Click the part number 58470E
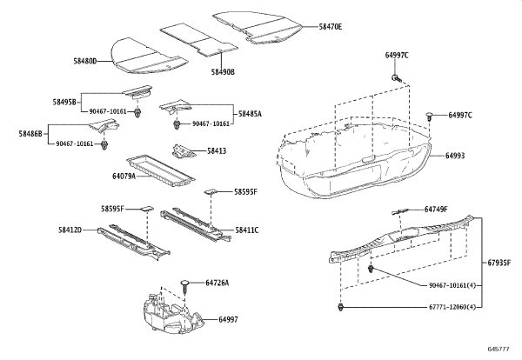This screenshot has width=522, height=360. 331,27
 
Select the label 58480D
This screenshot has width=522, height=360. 85,61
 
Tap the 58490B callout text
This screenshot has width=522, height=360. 223,72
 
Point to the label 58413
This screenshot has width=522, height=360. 217,151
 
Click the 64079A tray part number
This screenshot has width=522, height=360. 124,176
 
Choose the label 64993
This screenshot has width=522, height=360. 455,156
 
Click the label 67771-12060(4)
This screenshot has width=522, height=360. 452,307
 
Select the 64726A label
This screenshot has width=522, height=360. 217,283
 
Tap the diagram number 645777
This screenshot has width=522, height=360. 499,349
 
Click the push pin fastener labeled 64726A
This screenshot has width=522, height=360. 185,287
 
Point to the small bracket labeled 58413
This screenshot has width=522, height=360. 184,151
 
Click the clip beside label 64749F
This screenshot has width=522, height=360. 399,211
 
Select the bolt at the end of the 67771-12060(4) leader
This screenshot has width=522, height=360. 340,307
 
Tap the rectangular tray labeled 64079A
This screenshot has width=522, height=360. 160,171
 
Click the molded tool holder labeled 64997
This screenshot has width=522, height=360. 173,314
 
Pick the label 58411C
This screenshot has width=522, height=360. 247,230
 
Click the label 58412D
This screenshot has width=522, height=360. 70,230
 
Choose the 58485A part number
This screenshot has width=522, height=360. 250,114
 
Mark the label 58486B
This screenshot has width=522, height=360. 30,134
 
